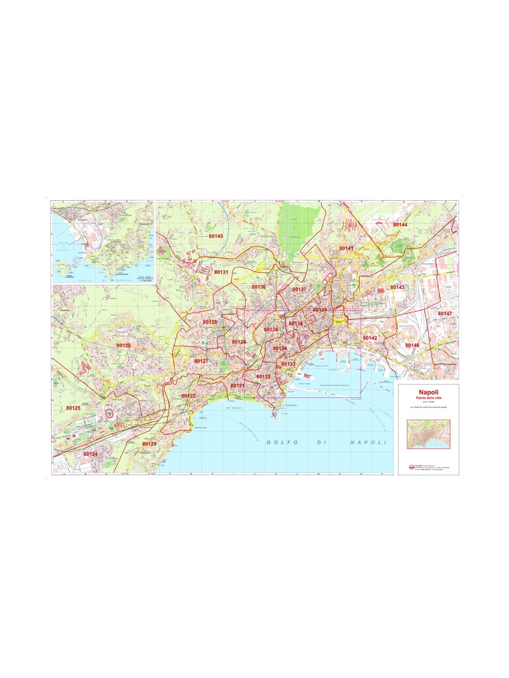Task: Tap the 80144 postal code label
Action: tap(400, 225)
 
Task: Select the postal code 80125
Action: tap(73, 408)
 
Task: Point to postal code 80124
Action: tap(90, 454)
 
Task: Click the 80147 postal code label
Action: tap(445, 314)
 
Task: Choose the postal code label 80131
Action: tap(221, 272)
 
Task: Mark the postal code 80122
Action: tap(188, 396)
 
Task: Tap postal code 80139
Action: tap(320, 310)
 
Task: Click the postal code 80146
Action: tap(412, 345)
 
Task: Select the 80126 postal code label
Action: tap(123, 345)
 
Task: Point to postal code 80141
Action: tap(346, 248)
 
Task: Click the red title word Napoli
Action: tap(428, 392)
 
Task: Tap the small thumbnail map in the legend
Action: tap(428, 434)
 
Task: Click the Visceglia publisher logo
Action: tap(411, 468)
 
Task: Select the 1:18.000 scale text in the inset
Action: tap(145, 281)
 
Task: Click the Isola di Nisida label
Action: tap(61, 277)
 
